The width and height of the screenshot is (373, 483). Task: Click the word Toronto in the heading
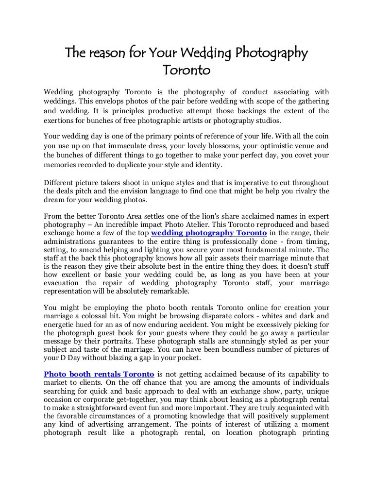click(186, 71)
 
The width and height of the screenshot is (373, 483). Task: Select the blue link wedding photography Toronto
click(209, 233)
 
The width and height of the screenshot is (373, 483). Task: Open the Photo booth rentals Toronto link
click(99, 374)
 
